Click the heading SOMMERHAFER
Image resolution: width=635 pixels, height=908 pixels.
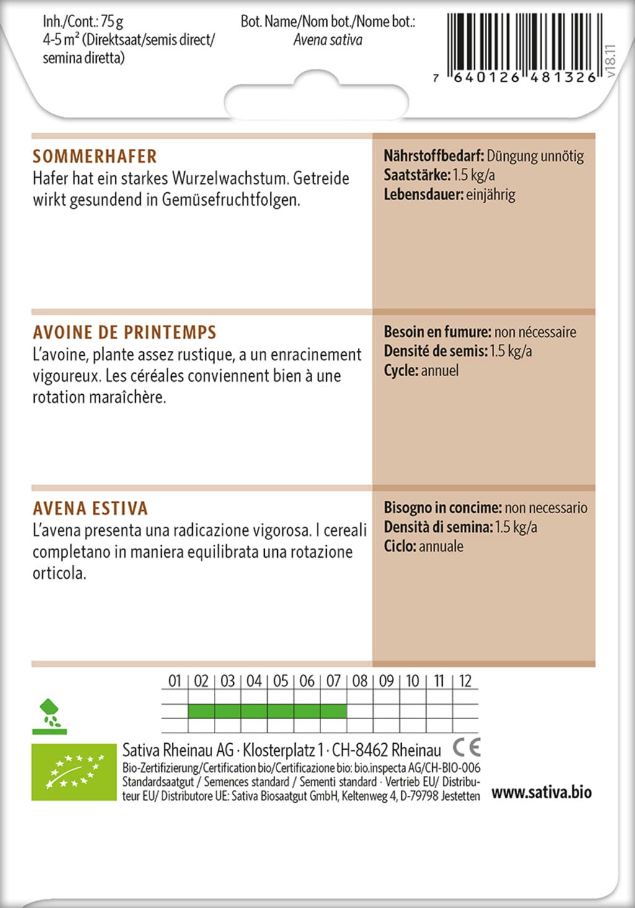click(95, 156)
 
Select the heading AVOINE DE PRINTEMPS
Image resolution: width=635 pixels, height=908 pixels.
click(125, 332)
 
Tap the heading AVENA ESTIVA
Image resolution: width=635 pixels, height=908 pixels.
click(91, 508)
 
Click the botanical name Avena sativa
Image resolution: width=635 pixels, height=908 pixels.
click(327, 40)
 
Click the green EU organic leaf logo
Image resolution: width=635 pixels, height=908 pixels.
click(74, 772)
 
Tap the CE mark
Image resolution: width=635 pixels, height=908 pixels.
click(466, 746)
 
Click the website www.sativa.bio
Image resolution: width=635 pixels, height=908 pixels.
click(541, 792)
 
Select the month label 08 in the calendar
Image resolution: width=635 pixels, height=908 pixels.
click(360, 681)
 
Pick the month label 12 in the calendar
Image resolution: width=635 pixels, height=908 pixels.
click(465, 681)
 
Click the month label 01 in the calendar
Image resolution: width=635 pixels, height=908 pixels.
click(175, 681)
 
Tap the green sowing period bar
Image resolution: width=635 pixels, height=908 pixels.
click(267, 711)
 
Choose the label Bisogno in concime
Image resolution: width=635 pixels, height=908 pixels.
click(443, 508)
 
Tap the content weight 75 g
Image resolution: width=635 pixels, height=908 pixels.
click(112, 22)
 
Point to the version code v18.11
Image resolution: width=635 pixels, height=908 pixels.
click(610, 60)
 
